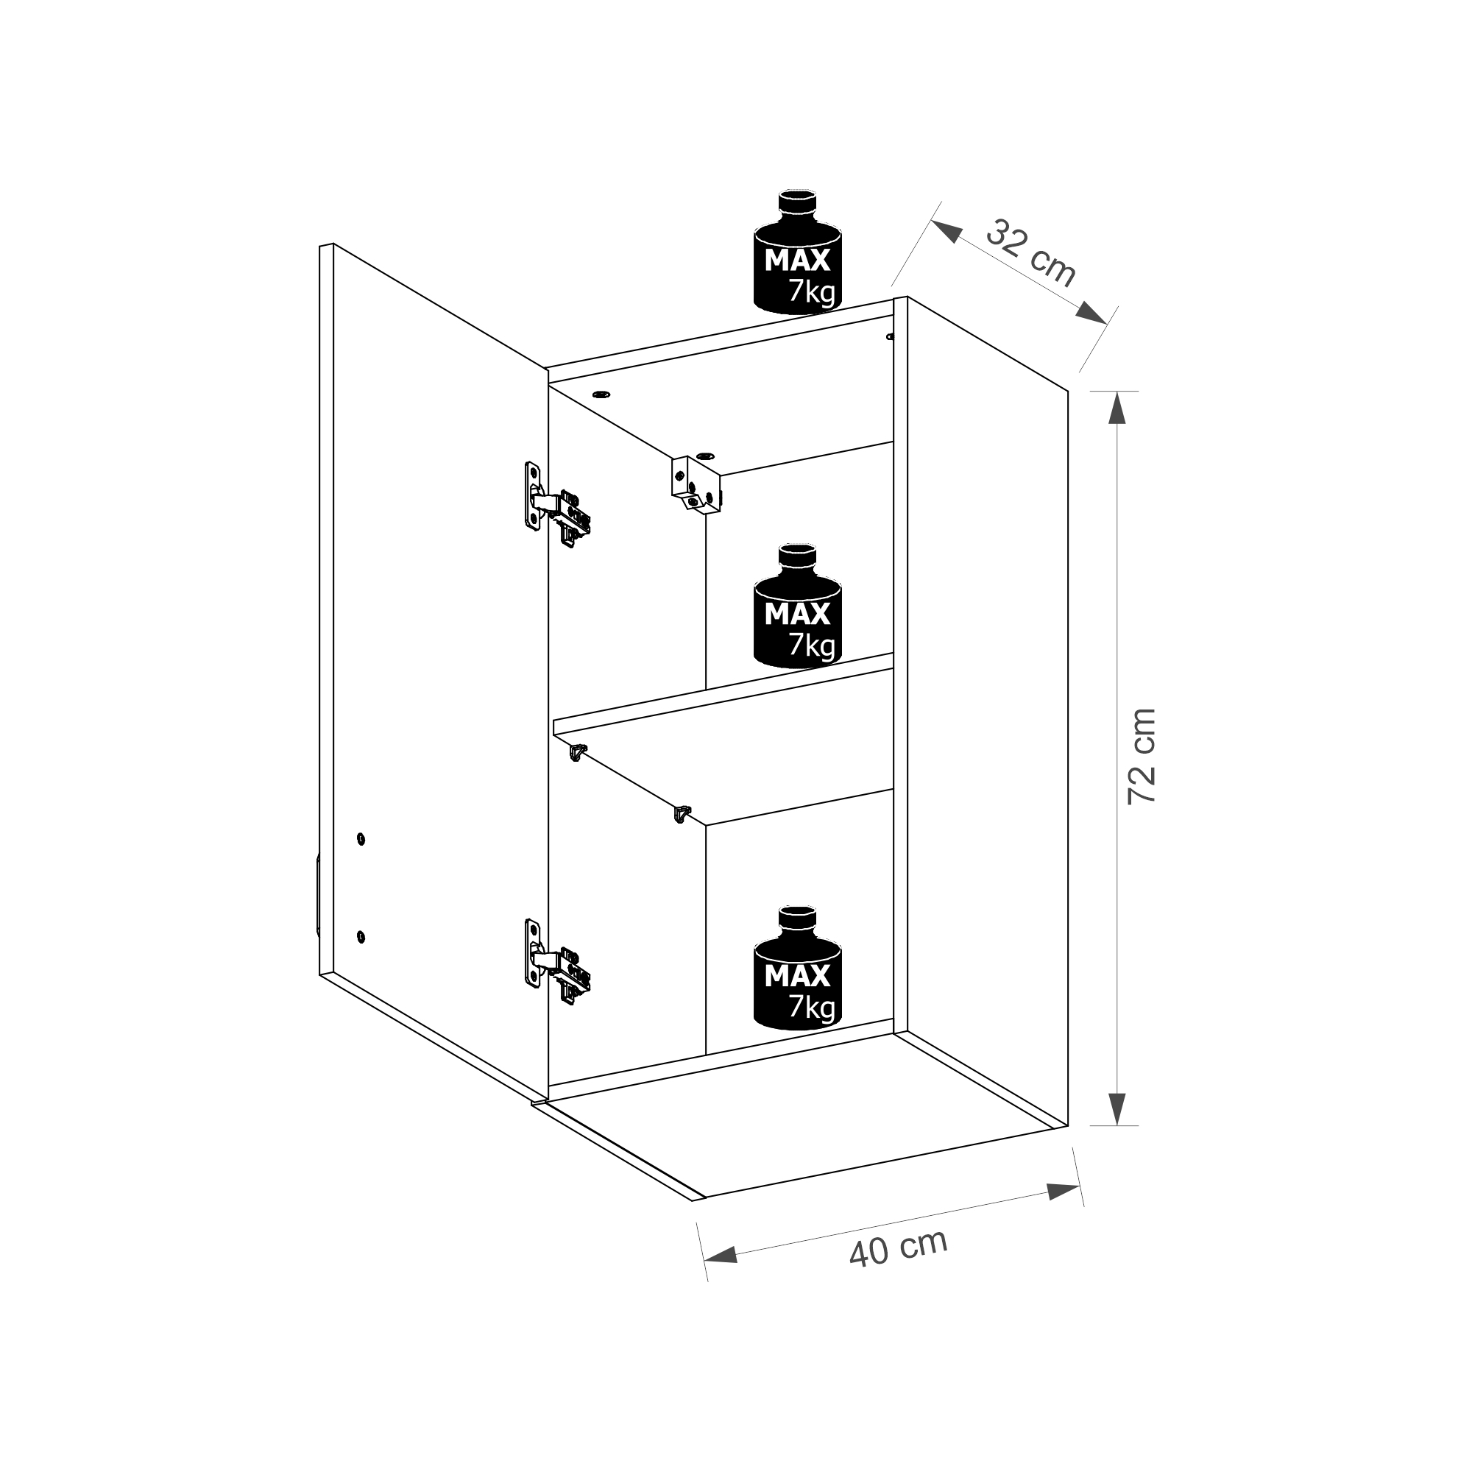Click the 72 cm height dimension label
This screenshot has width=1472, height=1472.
pyautogui.click(x=1142, y=757)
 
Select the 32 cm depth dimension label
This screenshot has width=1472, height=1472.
pyautogui.click(x=1030, y=253)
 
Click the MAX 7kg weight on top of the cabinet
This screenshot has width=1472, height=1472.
pyautogui.click(x=798, y=252)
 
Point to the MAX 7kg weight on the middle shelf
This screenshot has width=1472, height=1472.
pyautogui.click(x=798, y=606)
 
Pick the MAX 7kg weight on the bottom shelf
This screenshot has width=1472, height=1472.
pyautogui.click(x=798, y=969)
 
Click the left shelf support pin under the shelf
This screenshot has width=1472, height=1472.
pyautogui.click(x=578, y=751)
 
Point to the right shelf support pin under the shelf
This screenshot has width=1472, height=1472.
pyautogui.click(x=683, y=814)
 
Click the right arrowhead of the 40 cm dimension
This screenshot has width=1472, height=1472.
pyautogui.click(x=1064, y=1192)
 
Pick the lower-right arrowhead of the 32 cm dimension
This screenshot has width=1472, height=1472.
pyautogui.click(x=1091, y=312)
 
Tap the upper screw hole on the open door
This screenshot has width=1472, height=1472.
pyautogui.click(x=361, y=839)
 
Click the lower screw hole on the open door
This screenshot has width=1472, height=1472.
pyautogui.click(x=361, y=935)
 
